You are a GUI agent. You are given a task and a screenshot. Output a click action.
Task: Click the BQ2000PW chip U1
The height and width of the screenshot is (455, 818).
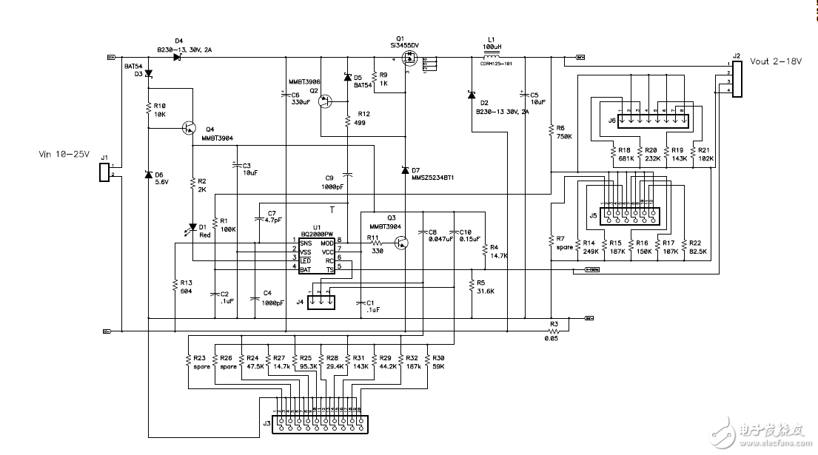pyautogui.click(x=315, y=255)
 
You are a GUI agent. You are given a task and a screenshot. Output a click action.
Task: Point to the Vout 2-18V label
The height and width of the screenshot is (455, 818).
pyautogui.click(x=775, y=62)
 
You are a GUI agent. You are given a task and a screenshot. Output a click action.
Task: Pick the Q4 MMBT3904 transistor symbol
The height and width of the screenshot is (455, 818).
pyautogui.click(x=190, y=129)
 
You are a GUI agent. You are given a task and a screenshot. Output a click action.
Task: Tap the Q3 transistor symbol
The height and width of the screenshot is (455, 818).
pyautogui.click(x=400, y=242)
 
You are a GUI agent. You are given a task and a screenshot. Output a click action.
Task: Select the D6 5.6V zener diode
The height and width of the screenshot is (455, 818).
pyautogui.click(x=148, y=175)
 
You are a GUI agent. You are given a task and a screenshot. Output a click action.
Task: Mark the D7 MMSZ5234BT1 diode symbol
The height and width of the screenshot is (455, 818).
pyautogui.click(x=404, y=171)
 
